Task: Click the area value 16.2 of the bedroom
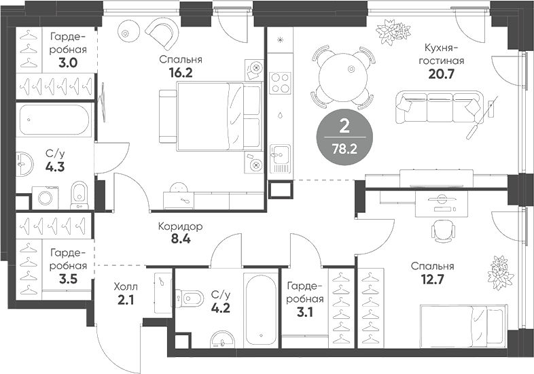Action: (x=181, y=73)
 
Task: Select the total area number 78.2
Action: (x=344, y=149)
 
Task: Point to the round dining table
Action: (x=344, y=77)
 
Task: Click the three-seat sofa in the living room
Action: (x=440, y=107)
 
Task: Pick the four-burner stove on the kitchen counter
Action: (x=281, y=83)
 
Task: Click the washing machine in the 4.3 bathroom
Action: (x=46, y=197)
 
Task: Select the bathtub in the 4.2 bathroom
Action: (x=261, y=309)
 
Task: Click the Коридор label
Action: (x=181, y=226)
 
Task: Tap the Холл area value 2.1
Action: (x=126, y=300)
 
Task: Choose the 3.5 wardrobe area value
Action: (x=68, y=279)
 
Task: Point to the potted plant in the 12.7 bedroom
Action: (x=500, y=272)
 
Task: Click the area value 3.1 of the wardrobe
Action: (x=305, y=313)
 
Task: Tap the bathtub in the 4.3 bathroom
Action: (x=54, y=120)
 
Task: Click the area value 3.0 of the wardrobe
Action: (x=68, y=63)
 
